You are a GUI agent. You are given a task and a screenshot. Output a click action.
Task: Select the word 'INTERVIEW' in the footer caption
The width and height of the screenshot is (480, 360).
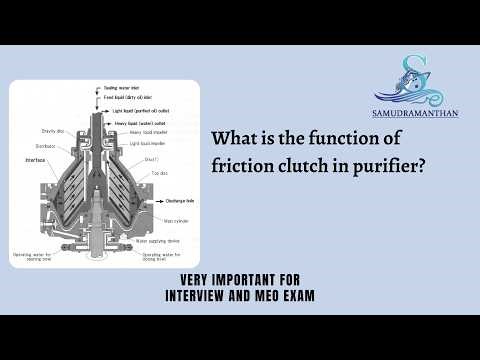pos(206,296)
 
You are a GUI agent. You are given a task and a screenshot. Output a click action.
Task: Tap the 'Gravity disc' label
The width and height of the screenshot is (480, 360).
pos(53,130)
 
